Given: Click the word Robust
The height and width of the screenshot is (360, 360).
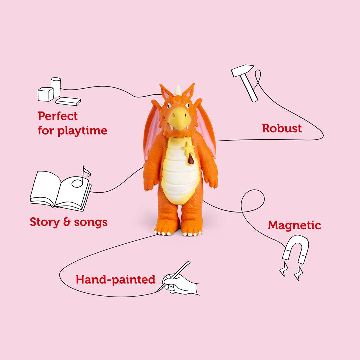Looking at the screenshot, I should tap(282, 128).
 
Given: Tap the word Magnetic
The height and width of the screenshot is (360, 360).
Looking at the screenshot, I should tap(294, 226).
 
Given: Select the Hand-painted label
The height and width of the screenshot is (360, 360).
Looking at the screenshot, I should tap(115, 279).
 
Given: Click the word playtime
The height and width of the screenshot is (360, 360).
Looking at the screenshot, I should tap(82, 131).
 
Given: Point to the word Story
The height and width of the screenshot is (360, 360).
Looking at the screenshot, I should tap(44, 222).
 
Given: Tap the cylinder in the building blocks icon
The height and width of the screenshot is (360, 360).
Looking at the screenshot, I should tap(56, 86).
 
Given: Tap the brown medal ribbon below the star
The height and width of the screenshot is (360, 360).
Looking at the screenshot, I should tap(191, 160).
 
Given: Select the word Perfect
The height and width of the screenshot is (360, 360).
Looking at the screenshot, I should tap(58, 116).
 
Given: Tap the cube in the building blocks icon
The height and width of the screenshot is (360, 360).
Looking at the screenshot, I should tap(45, 94).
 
